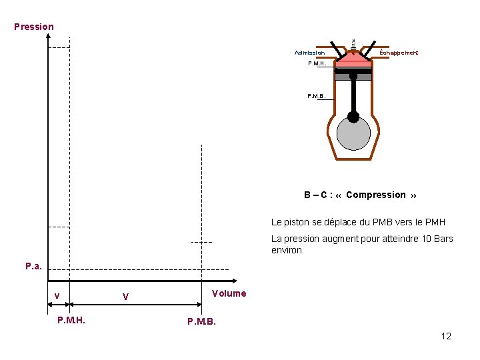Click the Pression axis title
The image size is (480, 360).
(34, 27)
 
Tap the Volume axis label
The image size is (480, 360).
(229, 293)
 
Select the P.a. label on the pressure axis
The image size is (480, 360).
(33, 266)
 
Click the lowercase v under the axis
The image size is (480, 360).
(57, 296)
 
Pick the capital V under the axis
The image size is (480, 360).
(125, 297)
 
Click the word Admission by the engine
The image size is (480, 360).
(310, 53)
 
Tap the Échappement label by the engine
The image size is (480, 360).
(399, 53)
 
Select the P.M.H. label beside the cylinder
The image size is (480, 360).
(318, 63)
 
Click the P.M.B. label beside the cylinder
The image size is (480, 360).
(317, 96)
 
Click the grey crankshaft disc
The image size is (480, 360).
(353, 134)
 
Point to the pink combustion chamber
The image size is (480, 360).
(353, 59)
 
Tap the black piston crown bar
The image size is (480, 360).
(353, 71)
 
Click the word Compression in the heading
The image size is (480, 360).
(376, 195)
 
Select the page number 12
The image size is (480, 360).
(446, 336)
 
